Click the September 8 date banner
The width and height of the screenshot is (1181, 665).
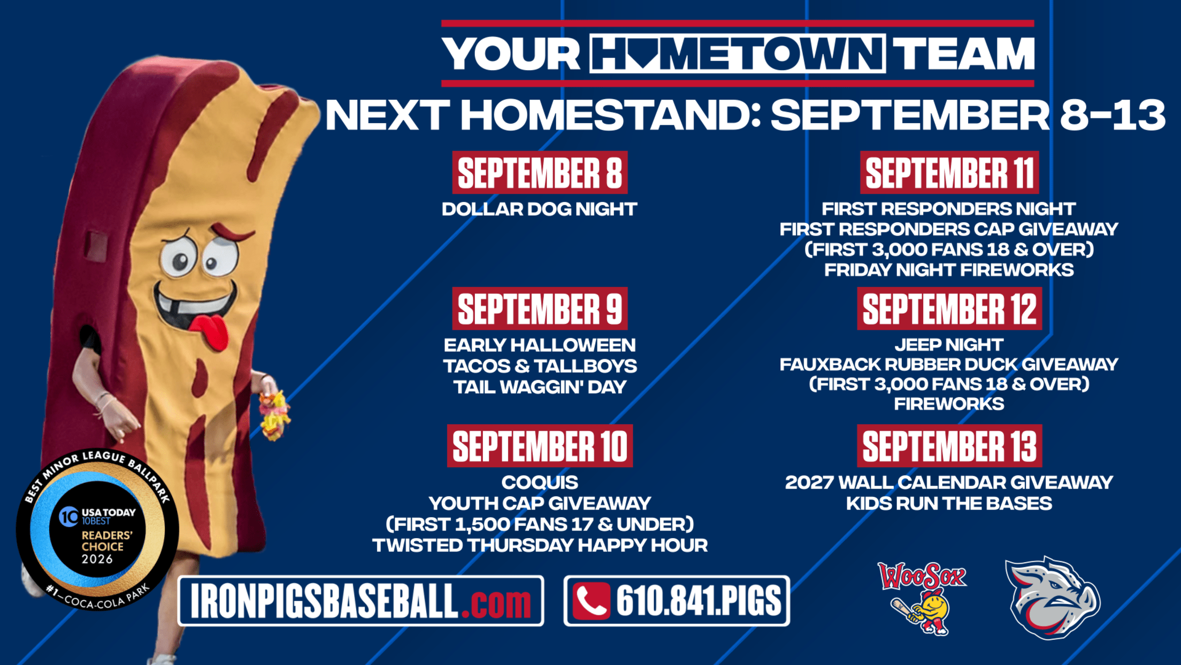(x=540, y=172)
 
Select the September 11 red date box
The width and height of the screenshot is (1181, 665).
(x=949, y=172)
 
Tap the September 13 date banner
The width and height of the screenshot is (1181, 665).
(x=949, y=446)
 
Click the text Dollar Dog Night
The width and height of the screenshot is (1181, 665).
(x=540, y=209)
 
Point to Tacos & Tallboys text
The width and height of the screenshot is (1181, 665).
(x=540, y=366)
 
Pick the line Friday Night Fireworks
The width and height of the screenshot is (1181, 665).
(x=949, y=270)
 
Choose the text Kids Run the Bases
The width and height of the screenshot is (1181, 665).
(x=949, y=503)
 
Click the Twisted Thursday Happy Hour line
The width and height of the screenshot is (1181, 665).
(x=540, y=545)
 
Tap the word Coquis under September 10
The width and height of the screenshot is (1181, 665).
(x=540, y=482)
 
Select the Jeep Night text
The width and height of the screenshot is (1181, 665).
(x=949, y=345)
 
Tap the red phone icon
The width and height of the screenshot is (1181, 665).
(x=591, y=601)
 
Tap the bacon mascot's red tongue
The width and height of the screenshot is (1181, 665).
(x=210, y=331)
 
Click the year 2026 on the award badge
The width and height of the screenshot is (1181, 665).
(x=97, y=560)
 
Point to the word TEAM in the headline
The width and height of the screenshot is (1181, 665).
(x=964, y=54)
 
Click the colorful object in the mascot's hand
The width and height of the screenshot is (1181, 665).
(x=274, y=415)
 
